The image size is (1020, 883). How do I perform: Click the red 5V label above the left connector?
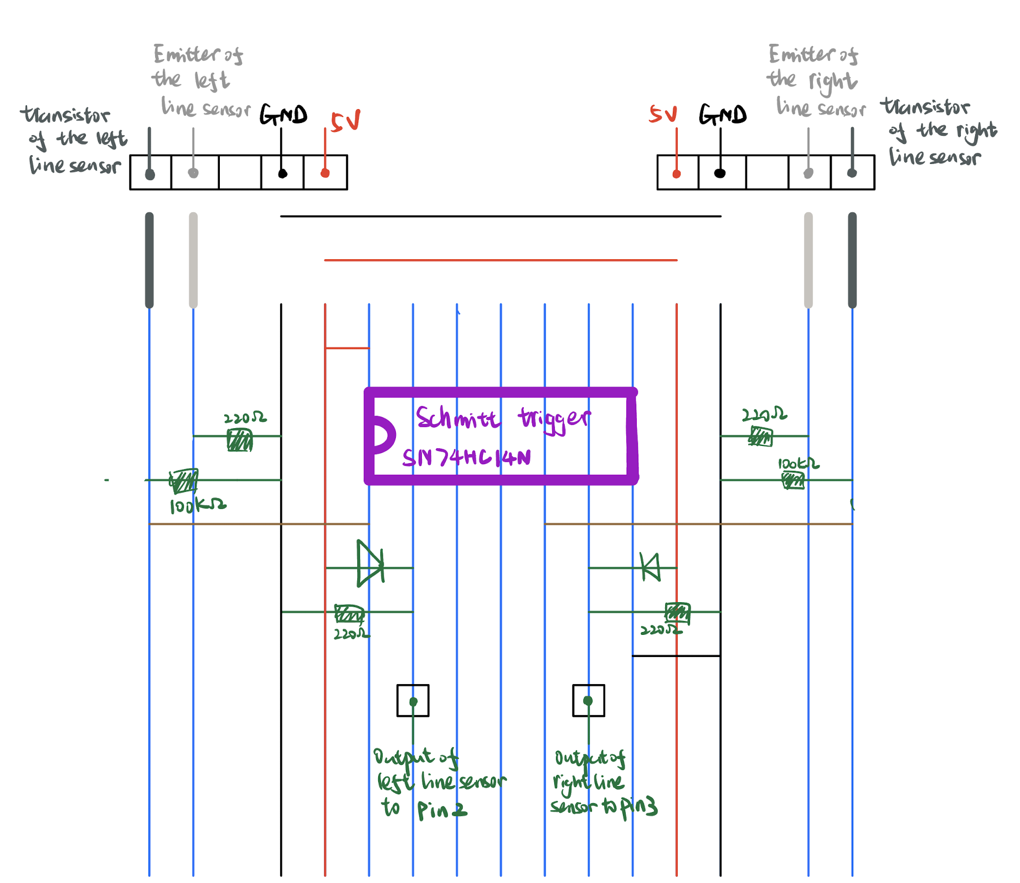pyautogui.click(x=346, y=120)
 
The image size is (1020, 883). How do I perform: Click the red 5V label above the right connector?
pyautogui.click(x=663, y=114)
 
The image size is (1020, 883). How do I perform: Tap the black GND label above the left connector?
pyautogui.click(x=283, y=115)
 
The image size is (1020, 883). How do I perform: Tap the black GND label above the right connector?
pyautogui.click(x=722, y=115)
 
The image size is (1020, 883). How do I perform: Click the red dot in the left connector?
pyautogui.click(x=325, y=173)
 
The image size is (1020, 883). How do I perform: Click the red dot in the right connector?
pyautogui.click(x=676, y=174)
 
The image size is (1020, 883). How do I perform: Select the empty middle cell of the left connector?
pyautogui.click(x=240, y=173)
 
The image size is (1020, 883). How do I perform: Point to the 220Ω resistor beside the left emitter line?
pyautogui.click(x=240, y=440)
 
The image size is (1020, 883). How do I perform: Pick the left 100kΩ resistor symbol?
pyautogui.click(x=183, y=480)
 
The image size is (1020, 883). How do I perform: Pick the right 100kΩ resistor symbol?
pyautogui.click(x=793, y=480)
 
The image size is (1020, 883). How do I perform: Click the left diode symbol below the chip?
pyautogui.click(x=370, y=564)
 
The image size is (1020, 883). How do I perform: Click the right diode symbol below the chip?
pyautogui.click(x=650, y=567)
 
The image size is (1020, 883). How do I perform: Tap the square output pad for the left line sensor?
pyautogui.click(x=413, y=701)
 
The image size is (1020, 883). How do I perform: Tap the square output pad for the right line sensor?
pyautogui.click(x=588, y=700)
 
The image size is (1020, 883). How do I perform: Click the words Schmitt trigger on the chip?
pyautogui.click(x=503, y=419)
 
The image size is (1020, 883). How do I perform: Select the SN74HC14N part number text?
pyautogui.click(x=466, y=458)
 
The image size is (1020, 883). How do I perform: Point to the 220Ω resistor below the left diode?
pyautogui.click(x=349, y=614)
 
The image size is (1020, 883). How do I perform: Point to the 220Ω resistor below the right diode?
pyautogui.click(x=677, y=612)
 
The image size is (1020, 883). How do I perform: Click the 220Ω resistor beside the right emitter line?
pyautogui.click(x=760, y=437)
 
